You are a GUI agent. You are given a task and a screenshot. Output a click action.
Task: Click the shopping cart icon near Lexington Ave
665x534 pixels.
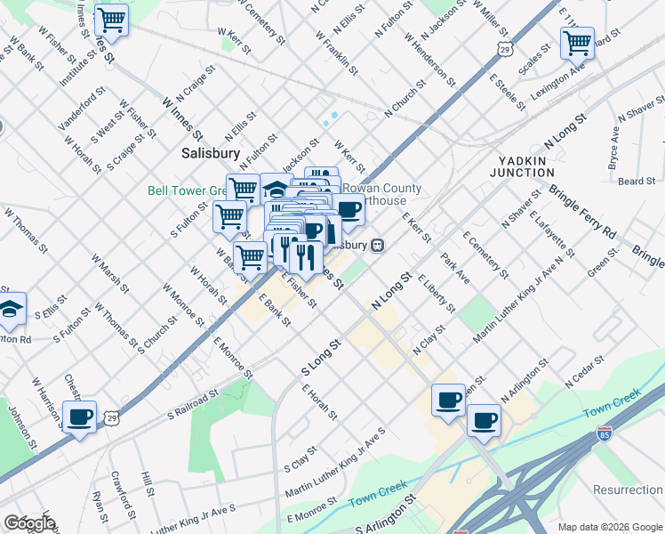click(x=577, y=42)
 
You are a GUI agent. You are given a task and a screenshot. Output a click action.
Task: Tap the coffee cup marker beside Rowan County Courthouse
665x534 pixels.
click(x=349, y=211)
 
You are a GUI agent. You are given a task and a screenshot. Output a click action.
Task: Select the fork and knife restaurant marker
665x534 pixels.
click(x=306, y=257)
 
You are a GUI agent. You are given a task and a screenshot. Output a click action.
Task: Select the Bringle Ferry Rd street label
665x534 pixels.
click(x=582, y=213)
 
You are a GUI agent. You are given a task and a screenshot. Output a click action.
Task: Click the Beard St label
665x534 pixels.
click(x=637, y=182)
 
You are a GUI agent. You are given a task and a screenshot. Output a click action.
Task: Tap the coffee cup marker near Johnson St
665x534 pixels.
click(x=80, y=417)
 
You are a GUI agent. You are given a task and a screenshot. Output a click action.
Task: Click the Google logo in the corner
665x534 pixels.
click(x=30, y=523)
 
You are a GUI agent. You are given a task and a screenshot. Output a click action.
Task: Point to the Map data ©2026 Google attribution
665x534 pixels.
click(x=609, y=526)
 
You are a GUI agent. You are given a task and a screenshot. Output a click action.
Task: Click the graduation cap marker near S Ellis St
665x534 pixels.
click(x=11, y=309)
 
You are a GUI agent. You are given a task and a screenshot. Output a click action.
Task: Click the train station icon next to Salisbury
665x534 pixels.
click(x=377, y=246)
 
